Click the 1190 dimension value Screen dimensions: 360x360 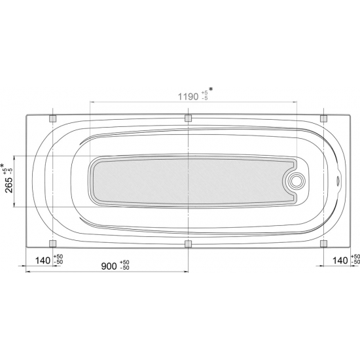pyautogui.click(x=189, y=97)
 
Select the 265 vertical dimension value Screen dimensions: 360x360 pyautogui.click(x=9, y=185)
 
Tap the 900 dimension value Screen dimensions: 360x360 pyautogui.click(x=109, y=266)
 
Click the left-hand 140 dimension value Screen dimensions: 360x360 pyautogui.click(x=43, y=261)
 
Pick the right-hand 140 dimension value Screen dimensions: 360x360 pyautogui.click(x=340, y=261)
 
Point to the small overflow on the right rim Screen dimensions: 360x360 pyautogui.click(x=338, y=179)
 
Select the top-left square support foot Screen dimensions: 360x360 pyautogui.click(x=53, y=118)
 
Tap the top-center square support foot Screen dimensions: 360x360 pyautogui.click(x=189, y=118)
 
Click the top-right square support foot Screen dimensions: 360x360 pyautogui.click(x=323, y=118)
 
